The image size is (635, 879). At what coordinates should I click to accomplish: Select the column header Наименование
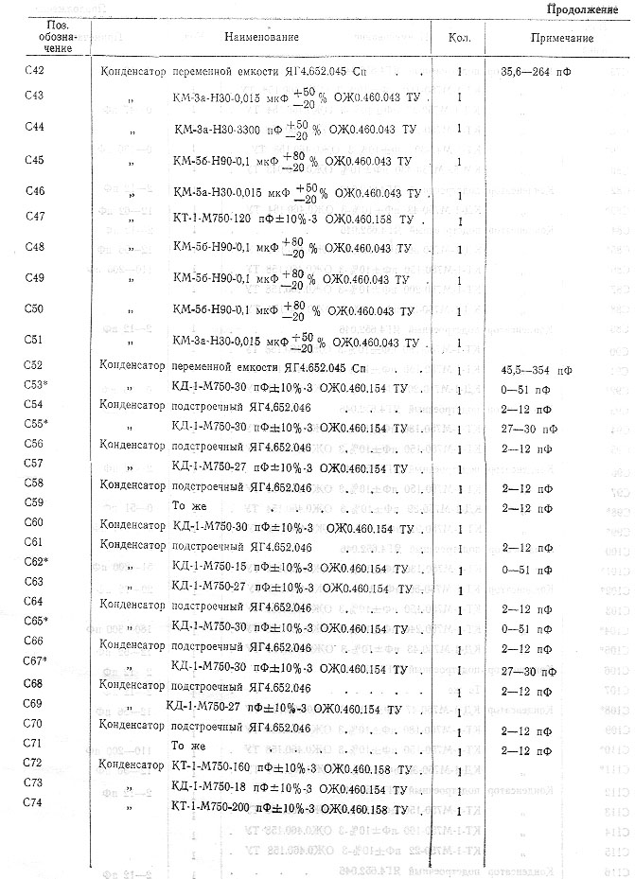[x=262, y=37]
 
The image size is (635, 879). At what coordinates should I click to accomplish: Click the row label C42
[x=32, y=72]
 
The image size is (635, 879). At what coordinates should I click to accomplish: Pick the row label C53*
[x=35, y=388]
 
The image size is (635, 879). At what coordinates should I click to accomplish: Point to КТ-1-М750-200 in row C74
[x=217, y=806]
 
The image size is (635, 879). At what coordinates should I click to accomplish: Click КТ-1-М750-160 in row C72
[x=217, y=765]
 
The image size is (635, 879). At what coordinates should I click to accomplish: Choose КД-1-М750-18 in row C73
[x=213, y=785]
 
